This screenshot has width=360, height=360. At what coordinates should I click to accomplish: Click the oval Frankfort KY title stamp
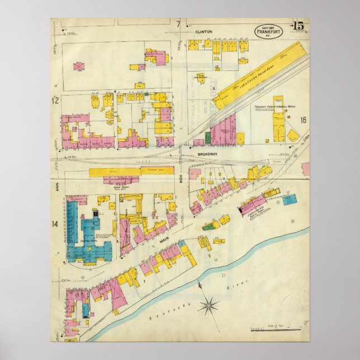pyautogui.click(x=269, y=32)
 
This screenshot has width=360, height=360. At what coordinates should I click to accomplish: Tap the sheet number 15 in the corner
pyautogui.click(x=297, y=26)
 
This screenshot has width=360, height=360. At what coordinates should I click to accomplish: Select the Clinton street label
pyautogui.click(x=203, y=32)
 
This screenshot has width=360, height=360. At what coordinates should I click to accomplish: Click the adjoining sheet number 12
pyautogui.click(x=55, y=101)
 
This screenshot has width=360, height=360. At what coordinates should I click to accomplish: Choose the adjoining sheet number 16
pyautogui.click(x=303, y=120)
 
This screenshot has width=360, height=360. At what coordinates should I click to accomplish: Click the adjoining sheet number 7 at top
pyautogui.click(x=178, y=24)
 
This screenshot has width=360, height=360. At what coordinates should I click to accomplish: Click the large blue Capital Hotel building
pyautogui.click(x=84, y=235)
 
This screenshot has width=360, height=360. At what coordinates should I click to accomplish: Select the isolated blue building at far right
pyautogui.click(x=289, y=198)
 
